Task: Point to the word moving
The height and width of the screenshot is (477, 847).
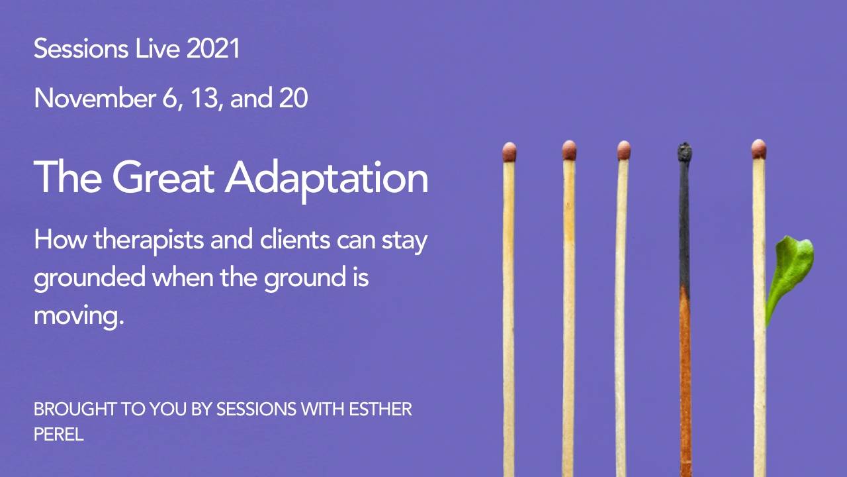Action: click(79, 315)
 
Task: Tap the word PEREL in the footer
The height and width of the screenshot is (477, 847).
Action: click(58, 435)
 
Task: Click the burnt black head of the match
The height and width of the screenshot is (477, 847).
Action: click(684, 152)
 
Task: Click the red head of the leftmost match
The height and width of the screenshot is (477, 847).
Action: click(509, 152)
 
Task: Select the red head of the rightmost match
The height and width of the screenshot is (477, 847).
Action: click(758, 149)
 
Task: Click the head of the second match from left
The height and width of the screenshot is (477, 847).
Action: click(569, 150)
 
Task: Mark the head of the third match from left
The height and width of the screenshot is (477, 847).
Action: click(623, 150)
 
